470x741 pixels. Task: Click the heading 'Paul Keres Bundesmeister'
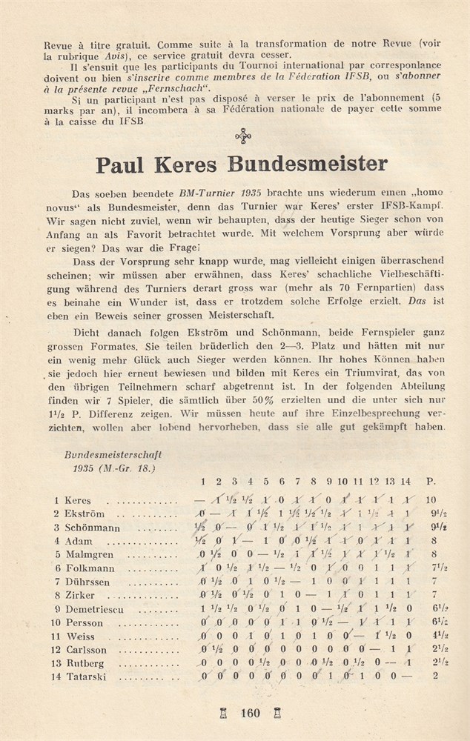point(241,162)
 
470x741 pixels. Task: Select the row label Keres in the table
point(78,500)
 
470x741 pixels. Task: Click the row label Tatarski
point(86,676)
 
